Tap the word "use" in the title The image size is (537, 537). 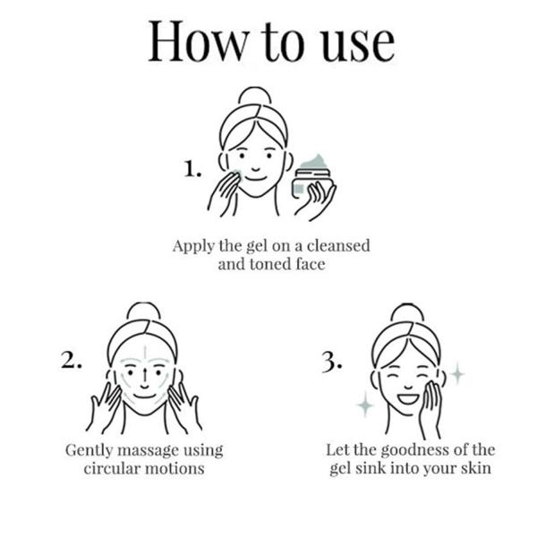click(x=358, y=47)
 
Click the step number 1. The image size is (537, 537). click(x=192, y=169)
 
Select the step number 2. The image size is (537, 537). click(x=72, y=361)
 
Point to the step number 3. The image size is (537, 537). click(x=331, y=362)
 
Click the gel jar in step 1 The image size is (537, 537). click(x=311, y=178)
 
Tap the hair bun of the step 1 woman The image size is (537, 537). click(x=255, y=95)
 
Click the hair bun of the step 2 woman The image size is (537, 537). click(x=143, y=311)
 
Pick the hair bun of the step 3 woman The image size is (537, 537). click(x=407, y=312)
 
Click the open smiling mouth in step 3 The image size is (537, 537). click(x=408, y=399)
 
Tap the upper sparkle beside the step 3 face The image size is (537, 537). click(x=456, y=373)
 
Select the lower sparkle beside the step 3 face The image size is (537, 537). click(x=365, y=405)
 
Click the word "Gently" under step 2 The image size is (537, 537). click(x=89, y=451)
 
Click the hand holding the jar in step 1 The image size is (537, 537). click(x=316, y=201)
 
